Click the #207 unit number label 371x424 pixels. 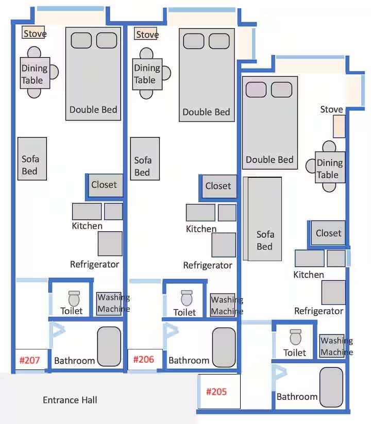(29, 360)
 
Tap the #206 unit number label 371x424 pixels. (144, 360)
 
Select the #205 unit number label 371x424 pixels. (216, 392)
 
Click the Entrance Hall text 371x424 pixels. (70, 400)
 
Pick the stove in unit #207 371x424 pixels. (33, 32)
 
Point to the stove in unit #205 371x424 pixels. (339, 126)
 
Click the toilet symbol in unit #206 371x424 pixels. (187, 298)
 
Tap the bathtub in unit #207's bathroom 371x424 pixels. (109, 346)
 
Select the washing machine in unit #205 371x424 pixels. (332, 346)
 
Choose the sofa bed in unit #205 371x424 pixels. (262, 219)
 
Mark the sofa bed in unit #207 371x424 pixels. (32, 159)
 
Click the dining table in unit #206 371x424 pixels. (147, 74)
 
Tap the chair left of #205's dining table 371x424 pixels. (310, 166)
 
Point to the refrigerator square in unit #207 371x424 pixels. (110, 244)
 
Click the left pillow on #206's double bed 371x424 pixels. (194, 41)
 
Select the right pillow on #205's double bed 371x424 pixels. (281, 90)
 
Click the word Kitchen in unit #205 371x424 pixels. (309, 275)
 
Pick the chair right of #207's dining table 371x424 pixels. (54, 72)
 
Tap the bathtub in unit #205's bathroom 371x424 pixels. (331, 387)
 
